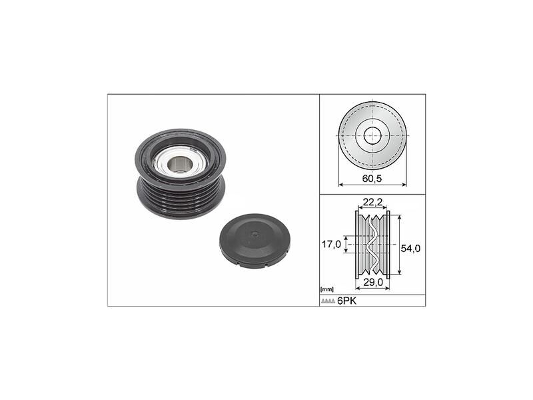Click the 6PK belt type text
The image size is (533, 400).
point(346,301)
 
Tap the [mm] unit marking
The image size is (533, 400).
point(326,289)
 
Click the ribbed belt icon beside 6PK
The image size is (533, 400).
point(328,301)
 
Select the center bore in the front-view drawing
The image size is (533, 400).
point(372,135)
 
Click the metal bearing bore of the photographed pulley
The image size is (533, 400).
point(179,161)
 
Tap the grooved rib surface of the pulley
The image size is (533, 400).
point(180,197)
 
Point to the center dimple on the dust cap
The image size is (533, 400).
point(254,234)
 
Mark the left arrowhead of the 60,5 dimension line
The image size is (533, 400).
point(340,185)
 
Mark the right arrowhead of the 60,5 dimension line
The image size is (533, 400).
point(404,185)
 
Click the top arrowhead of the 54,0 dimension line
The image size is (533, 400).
point(399,217)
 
